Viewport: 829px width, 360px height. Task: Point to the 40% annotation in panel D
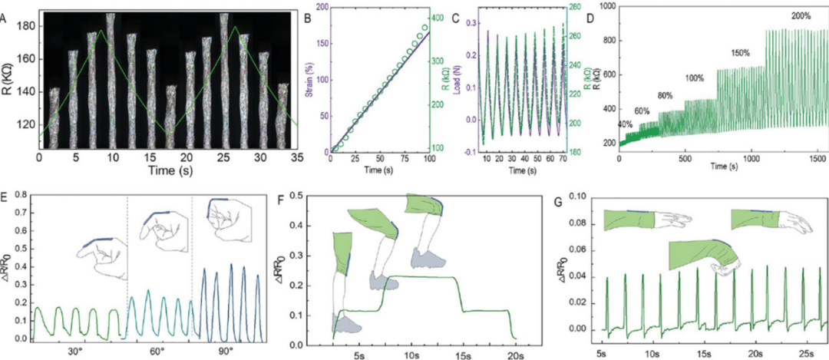[x=626, y=124]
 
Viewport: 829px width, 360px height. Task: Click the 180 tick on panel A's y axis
[x=26, y=25]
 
